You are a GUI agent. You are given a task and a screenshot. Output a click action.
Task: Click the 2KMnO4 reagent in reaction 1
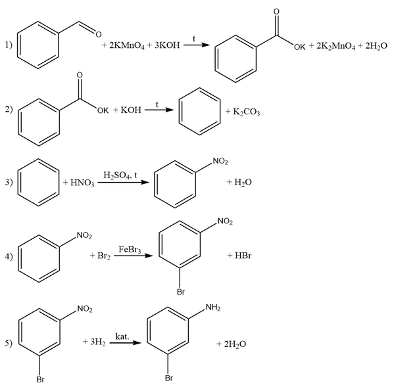pyautogui.click(x=127, y=45)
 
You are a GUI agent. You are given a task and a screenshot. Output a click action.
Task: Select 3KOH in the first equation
pyautogui.click(x=167, y=45)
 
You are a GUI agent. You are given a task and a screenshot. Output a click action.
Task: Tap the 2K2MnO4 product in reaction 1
pyautogui.click(x=335, y=46)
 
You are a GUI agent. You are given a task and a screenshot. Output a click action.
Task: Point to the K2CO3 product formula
pyautogui.click(x=246, y=112)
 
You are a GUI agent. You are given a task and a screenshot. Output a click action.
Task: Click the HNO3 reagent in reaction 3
pyautogui.click(x=82, y=183)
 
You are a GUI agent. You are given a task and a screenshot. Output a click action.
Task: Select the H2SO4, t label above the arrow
pyautogui.click(x=120, y=175)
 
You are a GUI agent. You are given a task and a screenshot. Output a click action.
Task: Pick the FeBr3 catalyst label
pyautogui.click(x=130, y=250)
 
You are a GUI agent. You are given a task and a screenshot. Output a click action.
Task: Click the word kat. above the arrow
pyautogui.click(x=122, y=336)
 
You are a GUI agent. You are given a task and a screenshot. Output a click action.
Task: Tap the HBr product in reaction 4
pyautogui.click(x=243, y=256)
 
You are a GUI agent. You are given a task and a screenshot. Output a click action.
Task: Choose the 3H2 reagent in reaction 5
pyautogui.click(x=98, y=342)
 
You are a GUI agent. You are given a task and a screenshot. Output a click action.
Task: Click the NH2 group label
pyautogui.click(x=213, y=307)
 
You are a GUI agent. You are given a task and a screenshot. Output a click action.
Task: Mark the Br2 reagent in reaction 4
pyautogui.click(x=104, y=256)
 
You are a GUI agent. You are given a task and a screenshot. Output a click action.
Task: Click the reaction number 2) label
pyautogui.click(x=9, y=110)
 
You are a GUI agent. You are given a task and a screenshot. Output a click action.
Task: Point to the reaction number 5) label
pyautogui.click(x=9, y=343)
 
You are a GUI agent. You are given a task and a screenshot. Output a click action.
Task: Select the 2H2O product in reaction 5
pyautogui.click(x=235, y=344)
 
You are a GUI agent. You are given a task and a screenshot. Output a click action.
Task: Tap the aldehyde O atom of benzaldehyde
pyautogui.click(x=98, y=34)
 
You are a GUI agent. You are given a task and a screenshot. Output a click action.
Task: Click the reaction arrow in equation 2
pyautogui.click(x=159, y=110)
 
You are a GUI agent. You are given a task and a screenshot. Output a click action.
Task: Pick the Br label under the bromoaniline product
pyautogui.click(x=169, y=378)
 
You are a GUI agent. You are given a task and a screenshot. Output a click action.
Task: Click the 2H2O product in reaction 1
pyautogui.click(x=376, y=46)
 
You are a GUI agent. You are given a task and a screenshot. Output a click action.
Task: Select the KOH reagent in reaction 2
pyautogui.click(x=131, y=110)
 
